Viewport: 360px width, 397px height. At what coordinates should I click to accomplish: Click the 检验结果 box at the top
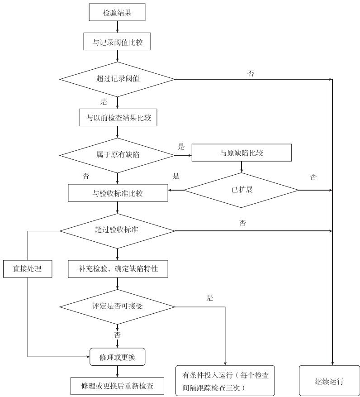pos(117,13)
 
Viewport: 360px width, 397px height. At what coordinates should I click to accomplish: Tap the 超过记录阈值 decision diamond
pos(117,79)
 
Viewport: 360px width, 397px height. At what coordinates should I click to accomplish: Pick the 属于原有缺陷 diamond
pos(117,155)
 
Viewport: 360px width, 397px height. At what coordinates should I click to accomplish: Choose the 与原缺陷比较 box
pos(242,153)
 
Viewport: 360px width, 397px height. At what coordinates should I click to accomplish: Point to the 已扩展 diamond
pos(241,189)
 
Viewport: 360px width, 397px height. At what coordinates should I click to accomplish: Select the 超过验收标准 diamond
pos(117,230)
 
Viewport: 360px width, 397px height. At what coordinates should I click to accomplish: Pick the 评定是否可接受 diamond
pos(117,306)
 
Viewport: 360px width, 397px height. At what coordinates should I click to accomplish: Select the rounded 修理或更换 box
pos(117,357)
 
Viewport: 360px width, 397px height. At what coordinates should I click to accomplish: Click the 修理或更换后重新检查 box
pos(117,386)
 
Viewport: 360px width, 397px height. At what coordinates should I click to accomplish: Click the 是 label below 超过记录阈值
pos(103,102)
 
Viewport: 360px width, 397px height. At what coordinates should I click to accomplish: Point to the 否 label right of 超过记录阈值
pos(251,74)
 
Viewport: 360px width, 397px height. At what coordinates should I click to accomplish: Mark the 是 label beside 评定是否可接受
pos(209,298)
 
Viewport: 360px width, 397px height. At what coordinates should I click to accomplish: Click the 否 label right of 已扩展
pos(313,177)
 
